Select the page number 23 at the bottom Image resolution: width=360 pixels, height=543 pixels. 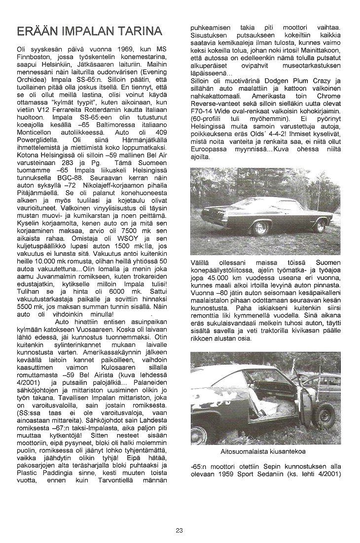click(180, 531)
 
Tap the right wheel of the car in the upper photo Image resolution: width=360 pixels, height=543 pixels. click(321, 226)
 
